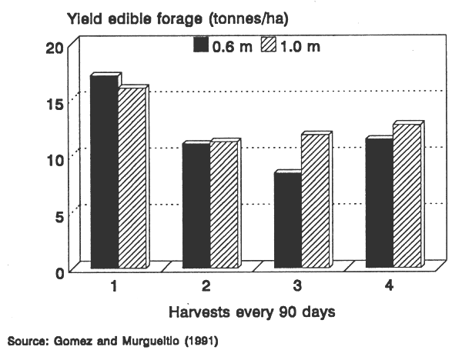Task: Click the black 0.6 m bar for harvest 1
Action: (x=104, y=172)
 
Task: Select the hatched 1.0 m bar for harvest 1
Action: (x=132, y=178)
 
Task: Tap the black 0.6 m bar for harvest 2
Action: (x=196, y=207)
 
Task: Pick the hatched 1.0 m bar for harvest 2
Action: (x=224, y=205)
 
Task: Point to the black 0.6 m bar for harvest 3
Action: (x=287, y=222)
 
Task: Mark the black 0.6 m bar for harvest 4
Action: (x=379, y=204)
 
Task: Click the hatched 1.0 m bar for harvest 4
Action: (x=407, y=197)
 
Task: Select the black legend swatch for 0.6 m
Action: (x=201, y=45)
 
